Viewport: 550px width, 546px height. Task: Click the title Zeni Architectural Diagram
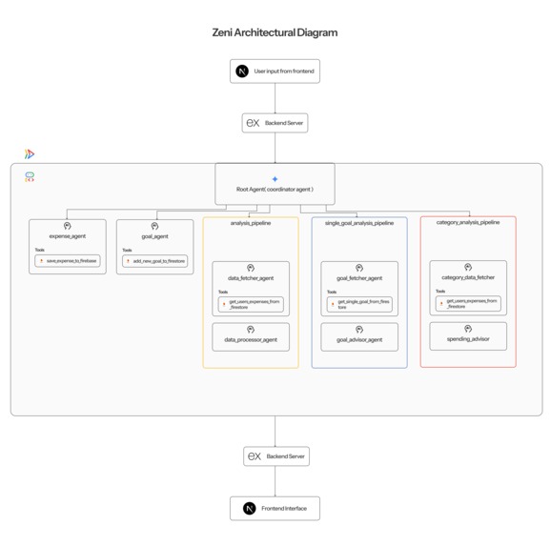[275, 32]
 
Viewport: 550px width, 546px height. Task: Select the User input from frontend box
[275, 71]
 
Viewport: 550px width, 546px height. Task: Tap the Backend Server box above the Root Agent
[275, 123]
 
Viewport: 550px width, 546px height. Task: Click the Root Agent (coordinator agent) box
[275, 183]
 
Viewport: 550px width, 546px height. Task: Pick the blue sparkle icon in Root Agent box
[275, 178]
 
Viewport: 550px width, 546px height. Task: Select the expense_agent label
[68, 235]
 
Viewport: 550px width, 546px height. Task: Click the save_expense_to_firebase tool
[68, 260]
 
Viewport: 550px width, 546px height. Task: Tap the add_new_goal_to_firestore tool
[155, 260]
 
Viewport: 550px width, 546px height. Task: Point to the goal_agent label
[154, 236]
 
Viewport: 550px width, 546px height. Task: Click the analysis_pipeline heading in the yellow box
[251, 223]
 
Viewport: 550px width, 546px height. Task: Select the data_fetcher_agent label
[251, 278]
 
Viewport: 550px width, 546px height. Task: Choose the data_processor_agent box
[251, 335]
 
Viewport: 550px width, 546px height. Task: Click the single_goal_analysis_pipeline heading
[358, 223]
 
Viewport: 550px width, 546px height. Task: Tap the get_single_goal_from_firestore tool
[359, 305]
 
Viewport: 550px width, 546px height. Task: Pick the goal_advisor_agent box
[359, 335]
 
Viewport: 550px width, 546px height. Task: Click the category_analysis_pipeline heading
[467, 222]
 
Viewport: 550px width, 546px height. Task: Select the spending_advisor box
[468, 335]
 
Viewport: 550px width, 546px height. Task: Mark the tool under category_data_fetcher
[468, 304]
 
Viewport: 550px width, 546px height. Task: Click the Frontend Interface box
[275, 508]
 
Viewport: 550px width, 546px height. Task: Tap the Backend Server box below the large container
[275, 456]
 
